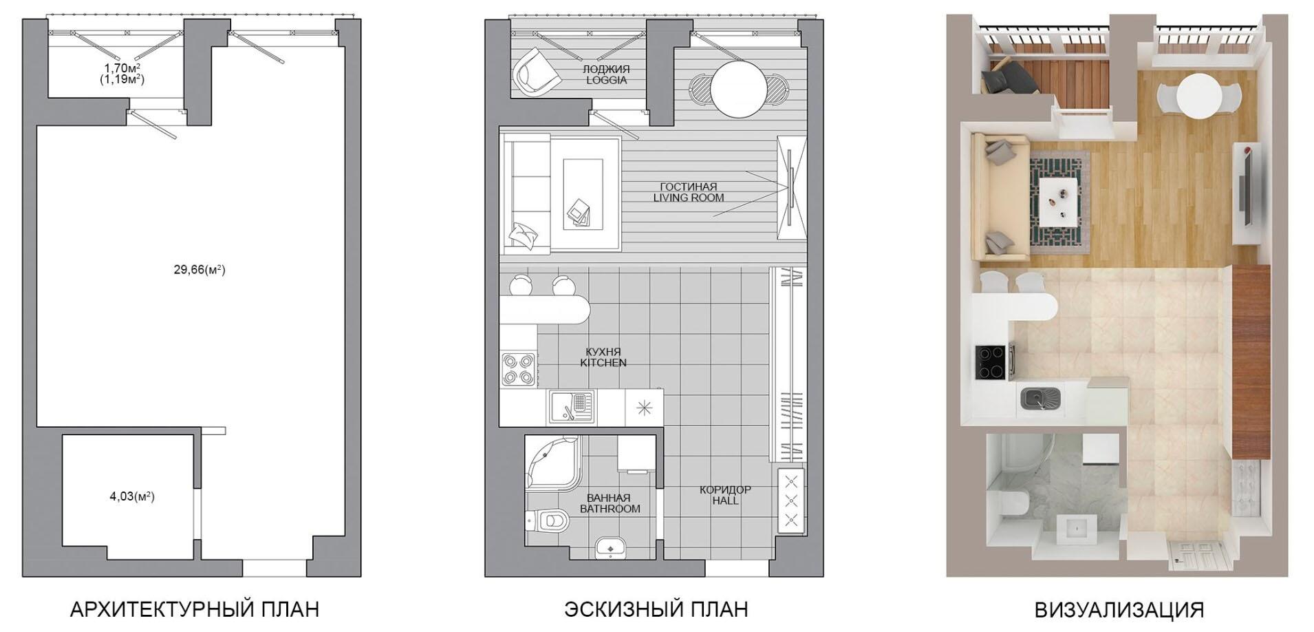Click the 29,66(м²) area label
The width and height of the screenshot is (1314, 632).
pos(200,270)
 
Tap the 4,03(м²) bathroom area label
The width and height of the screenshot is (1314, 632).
pos(132,496)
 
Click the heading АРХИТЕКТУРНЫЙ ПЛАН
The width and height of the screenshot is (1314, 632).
pos(195,609)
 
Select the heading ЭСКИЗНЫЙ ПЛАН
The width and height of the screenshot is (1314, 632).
pos(656,609)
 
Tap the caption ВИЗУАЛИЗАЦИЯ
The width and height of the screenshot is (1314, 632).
pos(1119,609)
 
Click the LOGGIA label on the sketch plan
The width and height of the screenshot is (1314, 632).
pos(606,80)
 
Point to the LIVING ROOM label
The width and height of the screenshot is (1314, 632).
pos(689,198)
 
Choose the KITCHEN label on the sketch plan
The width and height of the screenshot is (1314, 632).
pos(603,362)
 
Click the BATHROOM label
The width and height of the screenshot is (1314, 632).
pos(610,509)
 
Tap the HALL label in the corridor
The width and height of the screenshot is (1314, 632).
pos(726,501)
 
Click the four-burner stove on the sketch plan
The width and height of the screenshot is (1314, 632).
pos(519,368)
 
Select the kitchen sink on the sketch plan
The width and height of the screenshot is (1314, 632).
pos(572,408)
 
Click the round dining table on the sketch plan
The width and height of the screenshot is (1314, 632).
pos(739,90)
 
